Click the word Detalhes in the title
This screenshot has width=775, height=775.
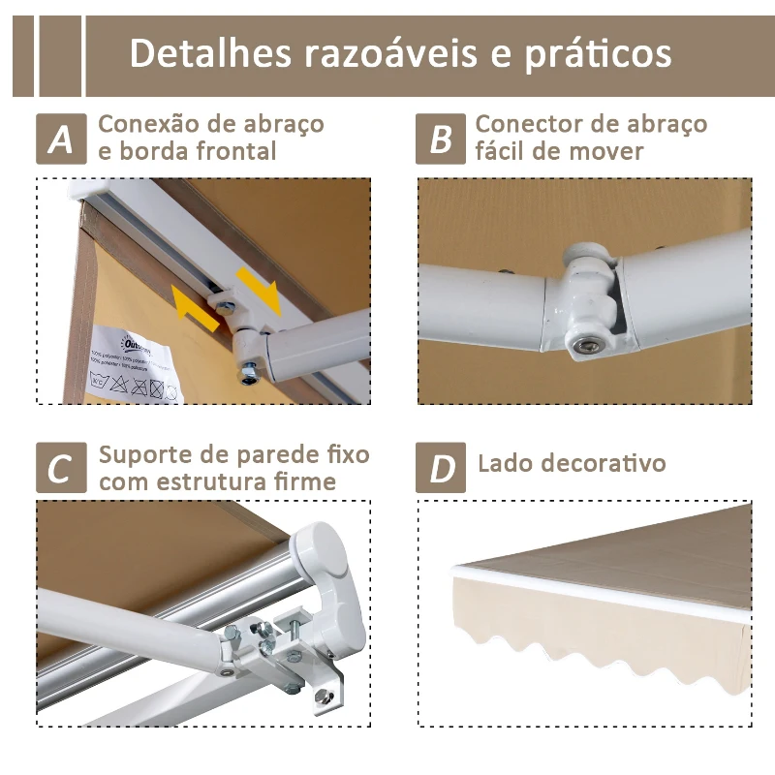[x=211, y=53]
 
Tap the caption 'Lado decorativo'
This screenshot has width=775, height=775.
[x=572, y=463]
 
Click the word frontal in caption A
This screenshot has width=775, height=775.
[x=232, y=151]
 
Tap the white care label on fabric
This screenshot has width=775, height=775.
[x=136, y=366]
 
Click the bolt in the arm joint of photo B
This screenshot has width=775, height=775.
[x=586, y=345]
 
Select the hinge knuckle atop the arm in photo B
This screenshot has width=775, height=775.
[x=589, y=260]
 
